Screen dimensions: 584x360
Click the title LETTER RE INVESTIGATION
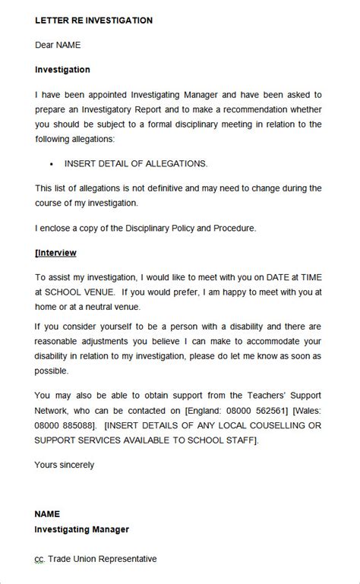point(93,21)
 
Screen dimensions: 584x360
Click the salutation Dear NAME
point(58,45)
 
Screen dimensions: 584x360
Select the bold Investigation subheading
point(62,69)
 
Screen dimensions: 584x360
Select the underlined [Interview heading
point(55,252)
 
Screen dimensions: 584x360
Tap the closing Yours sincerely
point(65,464)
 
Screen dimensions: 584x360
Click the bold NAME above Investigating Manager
point(47,514)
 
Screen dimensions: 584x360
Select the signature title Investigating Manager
point(82,529)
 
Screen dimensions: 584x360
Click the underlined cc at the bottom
point(39,559)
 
